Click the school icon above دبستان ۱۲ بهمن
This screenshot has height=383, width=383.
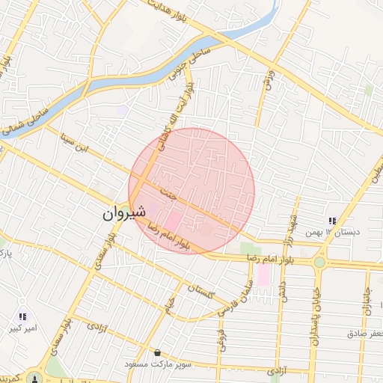pyautogui.click(x=331, y=221)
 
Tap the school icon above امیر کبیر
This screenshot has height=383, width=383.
pyautogui.click(x=23, y=316)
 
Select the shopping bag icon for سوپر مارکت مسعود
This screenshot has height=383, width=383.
pyautogui.click(x=157, y=352)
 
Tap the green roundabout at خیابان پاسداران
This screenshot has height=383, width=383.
pyautogui.click(x=319, y=262)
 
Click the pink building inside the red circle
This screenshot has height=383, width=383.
pyautogui.click(x=171, y=221)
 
